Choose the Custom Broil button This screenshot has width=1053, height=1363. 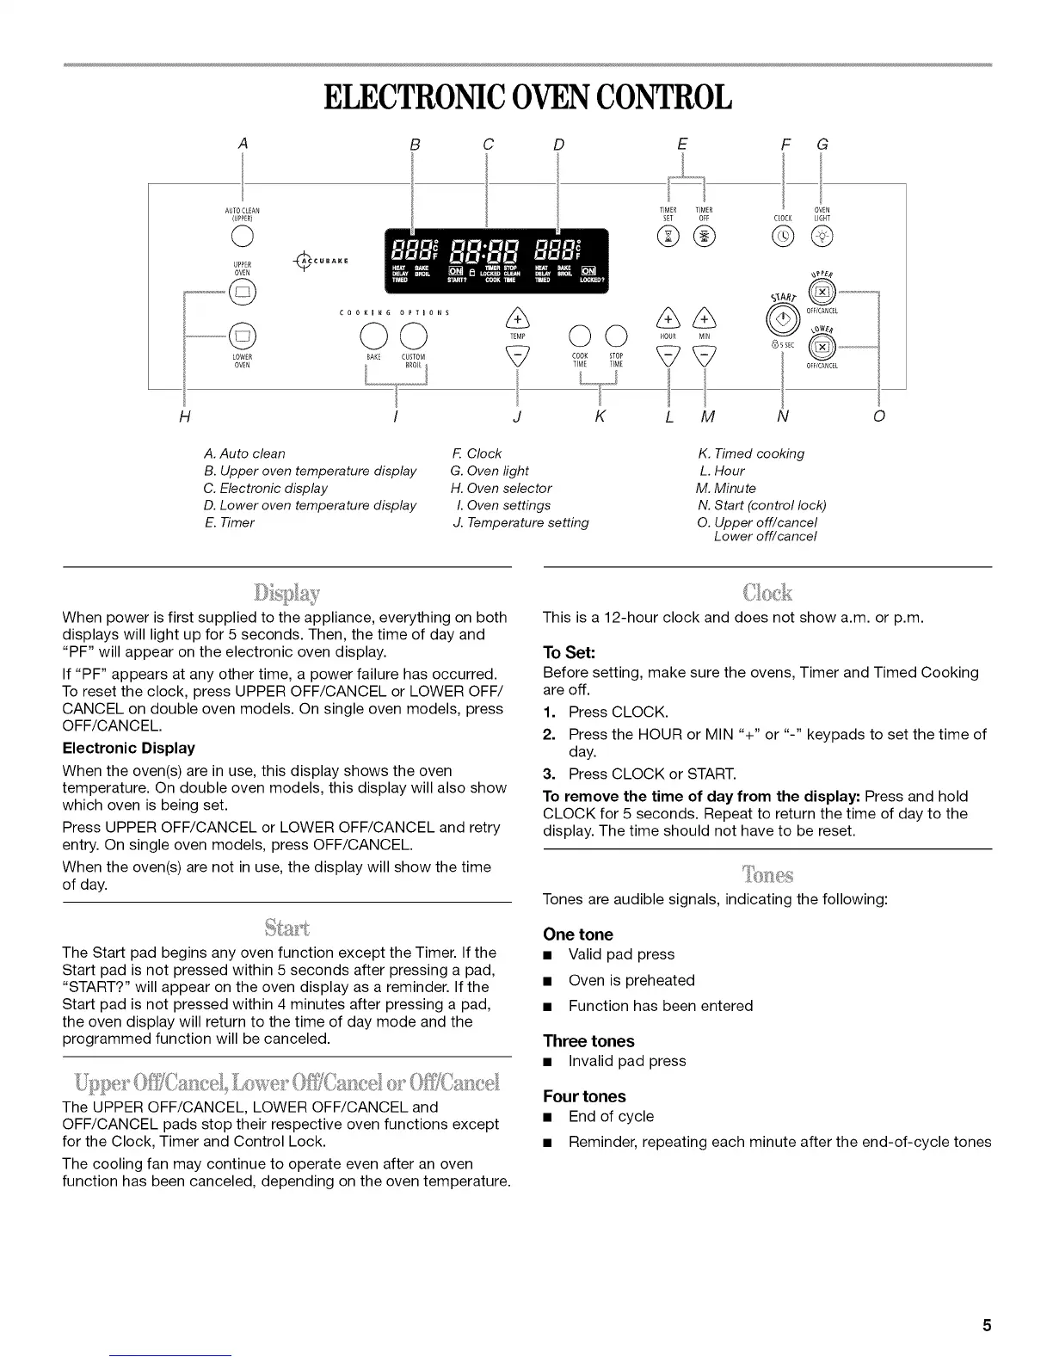[x=414, y=335]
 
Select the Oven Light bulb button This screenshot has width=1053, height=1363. [x=822, y=236]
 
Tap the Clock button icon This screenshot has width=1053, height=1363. [x=783, y=236]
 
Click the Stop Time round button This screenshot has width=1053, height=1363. [x=615, y=335]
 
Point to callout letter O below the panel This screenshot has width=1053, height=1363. [x=878, y=417]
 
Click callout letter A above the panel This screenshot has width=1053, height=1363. [x=243, y=144]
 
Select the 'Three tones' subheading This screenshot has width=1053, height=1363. [x=588, y=1041]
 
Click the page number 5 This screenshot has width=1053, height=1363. [x=987, y=1325]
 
